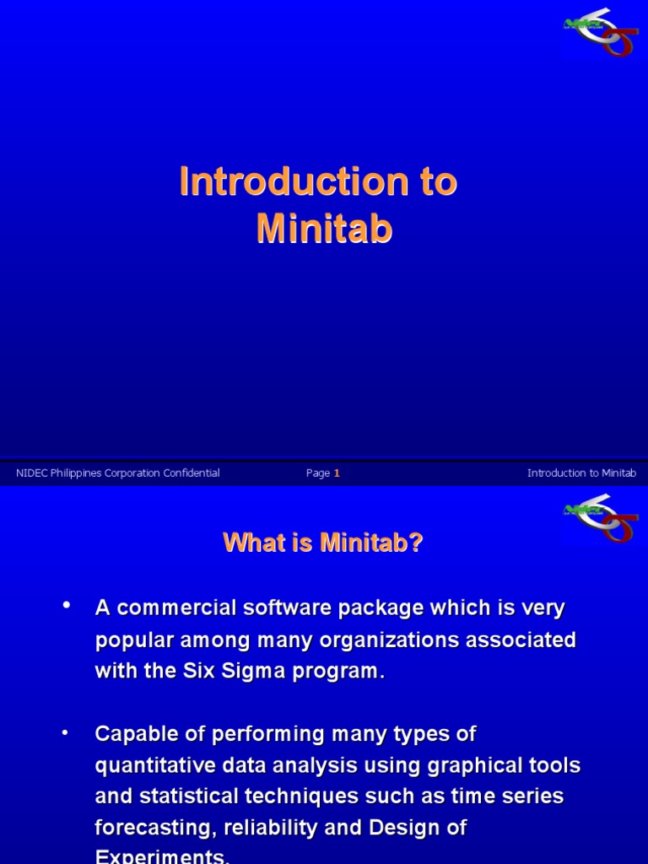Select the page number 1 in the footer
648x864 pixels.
pos(337,473)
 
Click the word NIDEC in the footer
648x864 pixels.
pos(31,473)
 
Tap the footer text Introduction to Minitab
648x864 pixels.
pos(581,473)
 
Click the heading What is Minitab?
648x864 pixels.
pos(323,543)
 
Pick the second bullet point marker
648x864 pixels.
pos(65,733)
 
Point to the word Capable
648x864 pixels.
pos(133,734)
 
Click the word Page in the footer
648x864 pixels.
pos(317,473)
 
